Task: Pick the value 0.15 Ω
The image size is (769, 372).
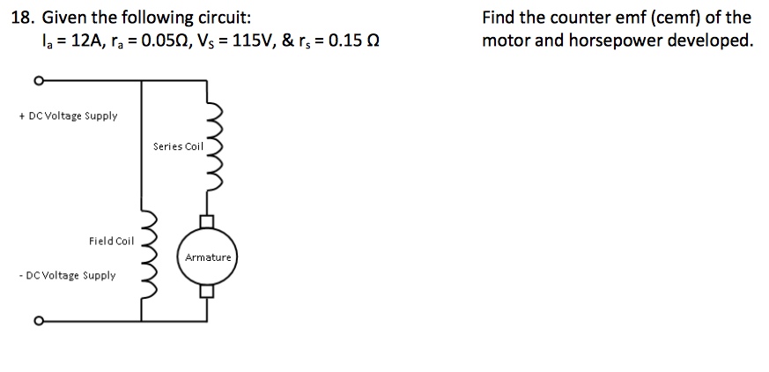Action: click(x=352, y=41)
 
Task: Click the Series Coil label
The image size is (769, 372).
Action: click(x=177, y=146)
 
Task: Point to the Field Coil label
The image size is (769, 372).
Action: click(x=111, y=241)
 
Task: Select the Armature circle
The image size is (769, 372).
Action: click(x=208, y=257)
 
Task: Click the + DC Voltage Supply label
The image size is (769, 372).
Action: click(x=67, y=116)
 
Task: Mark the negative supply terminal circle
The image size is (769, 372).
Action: click(x=38, y=320)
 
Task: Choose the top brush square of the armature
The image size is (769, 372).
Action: click(x=208, y=220)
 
